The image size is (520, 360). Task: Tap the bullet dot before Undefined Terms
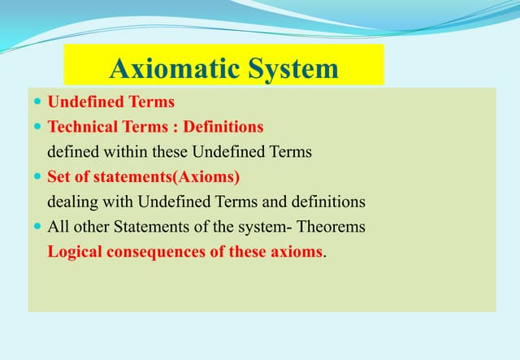37,103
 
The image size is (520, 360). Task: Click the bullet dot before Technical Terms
37,128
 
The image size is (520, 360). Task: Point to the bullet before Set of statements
37,177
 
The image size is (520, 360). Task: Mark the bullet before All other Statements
37,227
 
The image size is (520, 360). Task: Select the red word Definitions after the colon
223,127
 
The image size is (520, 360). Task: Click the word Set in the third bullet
59,176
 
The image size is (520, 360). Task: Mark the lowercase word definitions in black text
330,202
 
